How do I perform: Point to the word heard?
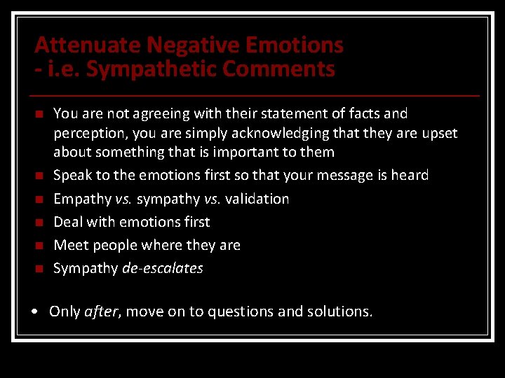tap(409, 175)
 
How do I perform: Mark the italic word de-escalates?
tap(162, 268)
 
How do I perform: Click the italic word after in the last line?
tap(100, 311)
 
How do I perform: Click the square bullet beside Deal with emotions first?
tap(39, 223)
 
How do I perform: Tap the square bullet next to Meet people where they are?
tap(39, 246)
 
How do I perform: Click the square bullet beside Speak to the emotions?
tap(39, 176)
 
